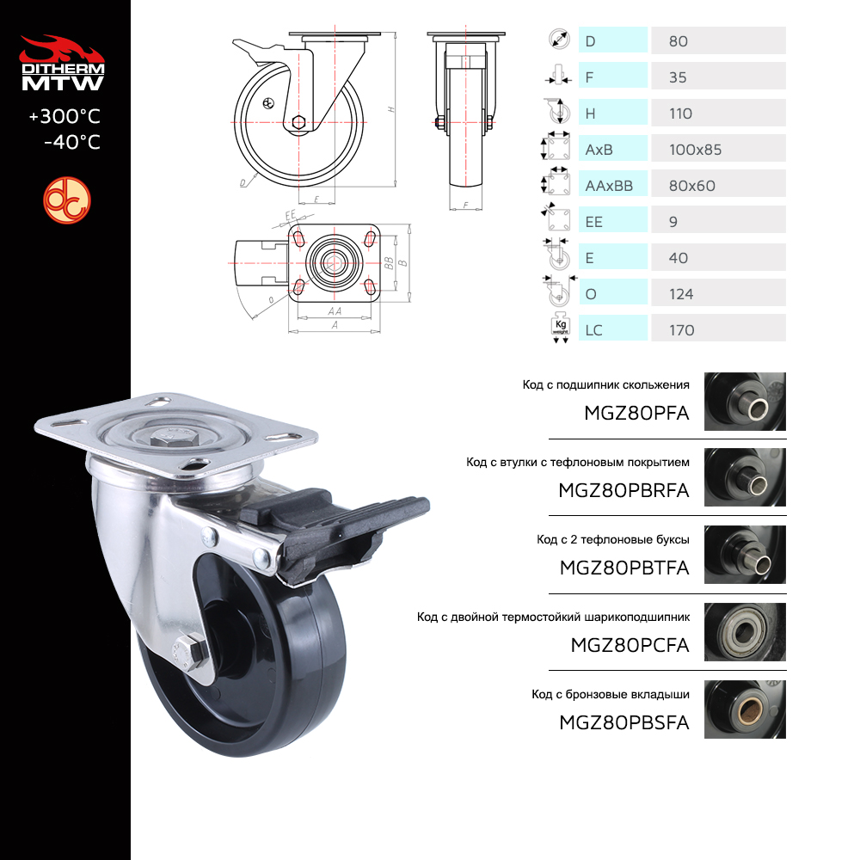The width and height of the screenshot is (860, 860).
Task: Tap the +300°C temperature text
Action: pos(64,116)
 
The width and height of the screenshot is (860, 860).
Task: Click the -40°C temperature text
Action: pos(72,142)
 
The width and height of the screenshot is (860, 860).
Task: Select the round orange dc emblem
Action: pos(67,200)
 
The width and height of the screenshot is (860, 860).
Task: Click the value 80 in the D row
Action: pos(678,41)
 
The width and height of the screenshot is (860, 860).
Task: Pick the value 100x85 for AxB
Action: pos(695,150)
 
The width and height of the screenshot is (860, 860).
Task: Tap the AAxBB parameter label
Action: pos(609,186)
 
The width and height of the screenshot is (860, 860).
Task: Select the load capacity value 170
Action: pos(681,330)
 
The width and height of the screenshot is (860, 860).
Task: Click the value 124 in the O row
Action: pos(681,294)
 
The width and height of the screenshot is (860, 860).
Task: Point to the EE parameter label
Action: pos(594,222)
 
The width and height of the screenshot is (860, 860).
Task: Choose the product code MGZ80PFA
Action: pos(636,413)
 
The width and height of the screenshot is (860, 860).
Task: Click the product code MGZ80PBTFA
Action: pos(624,568)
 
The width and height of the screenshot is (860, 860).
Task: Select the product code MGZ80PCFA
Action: pos(630,645)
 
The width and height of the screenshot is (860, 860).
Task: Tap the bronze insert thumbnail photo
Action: pos(745,709)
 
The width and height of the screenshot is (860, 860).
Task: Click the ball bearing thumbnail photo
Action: pos(745,632)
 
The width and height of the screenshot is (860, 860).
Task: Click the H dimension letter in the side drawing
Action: pos(391,110)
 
